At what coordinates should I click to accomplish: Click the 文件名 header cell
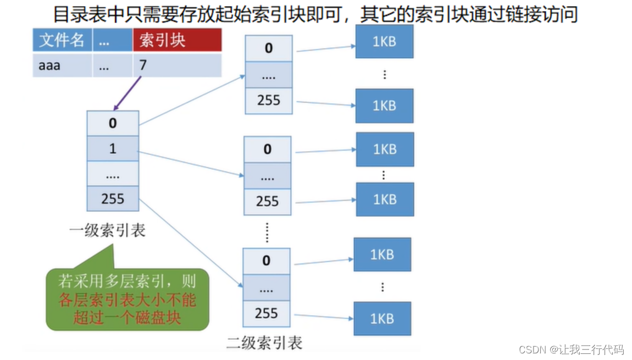pos(62,40)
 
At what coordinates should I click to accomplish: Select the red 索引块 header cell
pos(176,40)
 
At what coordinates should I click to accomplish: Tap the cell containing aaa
pos(62,65)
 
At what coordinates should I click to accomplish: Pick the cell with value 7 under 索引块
pos(176,65)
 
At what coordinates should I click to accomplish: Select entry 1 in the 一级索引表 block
pos(113,148)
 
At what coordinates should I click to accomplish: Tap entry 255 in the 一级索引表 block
pos(113,198)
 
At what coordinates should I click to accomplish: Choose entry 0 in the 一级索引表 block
pos(113,123)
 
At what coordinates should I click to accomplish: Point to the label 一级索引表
pos(107,230)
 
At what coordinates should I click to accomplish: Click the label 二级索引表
pos(264,343)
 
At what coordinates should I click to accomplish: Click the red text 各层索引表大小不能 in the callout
pos(127,300)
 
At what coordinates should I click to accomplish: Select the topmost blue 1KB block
pos(384,41)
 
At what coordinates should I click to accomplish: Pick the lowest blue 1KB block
pos(382,319)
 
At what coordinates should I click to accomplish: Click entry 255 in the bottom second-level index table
pos(267,313)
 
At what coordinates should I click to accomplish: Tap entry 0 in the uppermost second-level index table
pos(268,48)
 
